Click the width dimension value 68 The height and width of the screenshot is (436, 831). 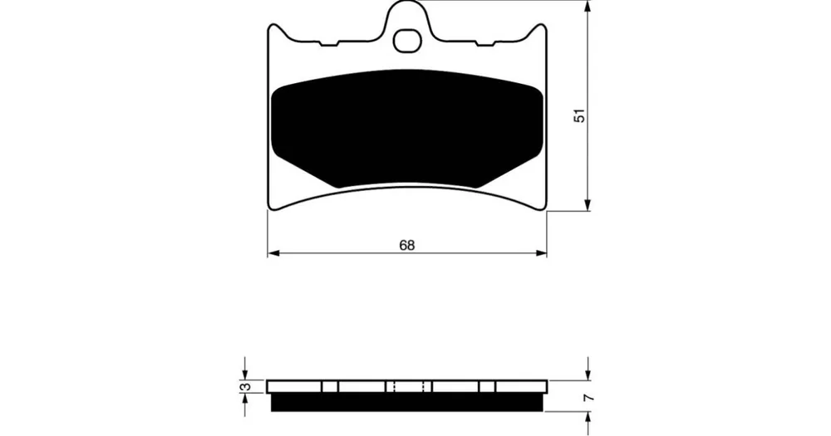(407, 245)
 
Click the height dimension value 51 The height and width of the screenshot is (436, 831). (581, 115)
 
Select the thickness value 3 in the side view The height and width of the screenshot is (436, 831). (245, 387)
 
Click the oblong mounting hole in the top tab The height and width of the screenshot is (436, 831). (407, 42)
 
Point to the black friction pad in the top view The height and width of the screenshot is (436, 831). (407, 129)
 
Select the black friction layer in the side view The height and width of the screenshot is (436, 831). (407, 402)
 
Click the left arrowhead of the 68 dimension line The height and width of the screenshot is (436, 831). (273, 253)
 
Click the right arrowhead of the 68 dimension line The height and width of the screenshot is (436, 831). (541, 253)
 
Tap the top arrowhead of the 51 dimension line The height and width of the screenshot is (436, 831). (588, 7)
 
